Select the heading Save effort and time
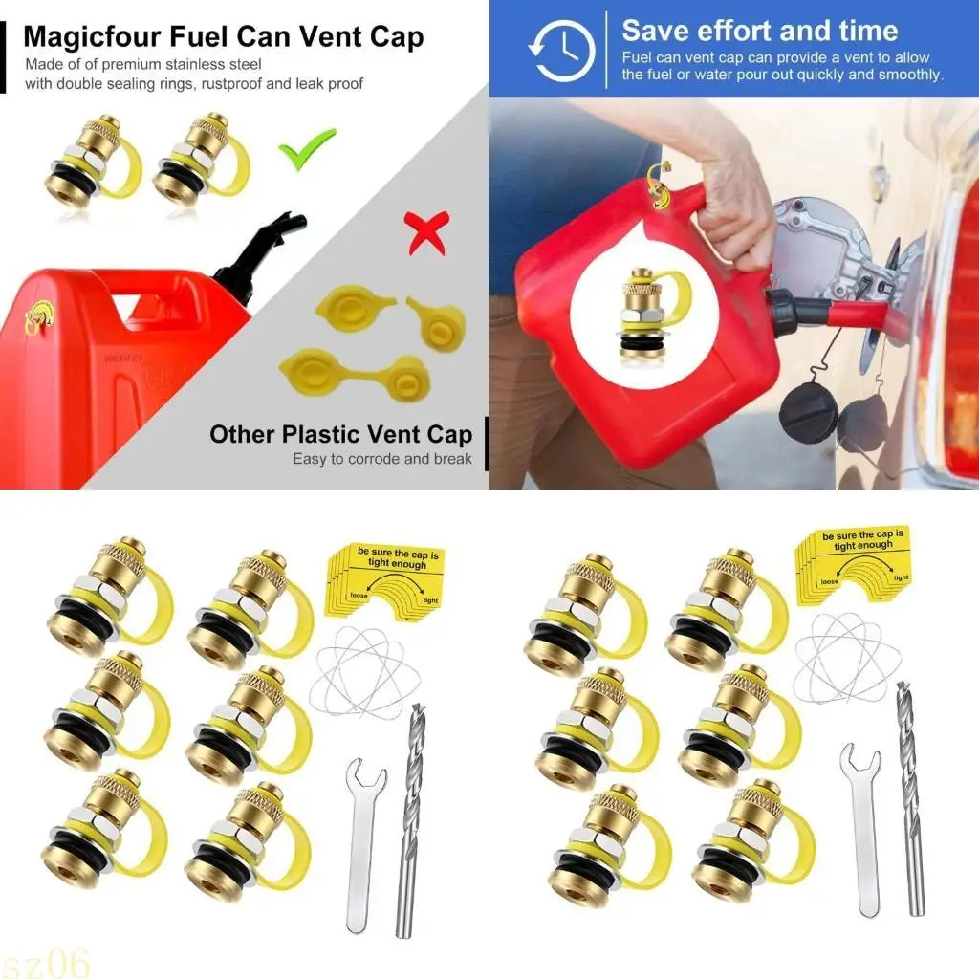coord(759,31)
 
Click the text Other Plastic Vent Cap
coord(340,435)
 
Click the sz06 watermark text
coord(45,960)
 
